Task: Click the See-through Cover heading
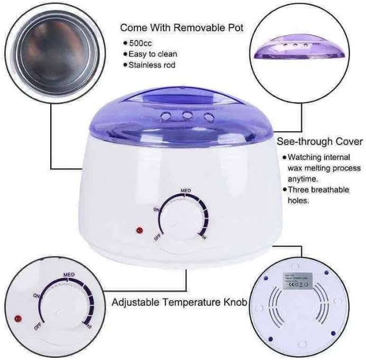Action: [320, 141]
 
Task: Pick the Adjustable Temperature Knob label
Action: [179, 303]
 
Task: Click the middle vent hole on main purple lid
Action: [187, 114]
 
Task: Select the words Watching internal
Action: [319, 157]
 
